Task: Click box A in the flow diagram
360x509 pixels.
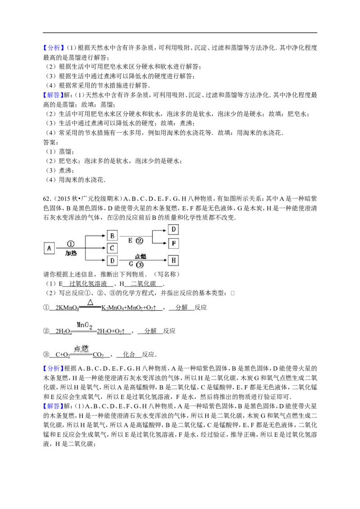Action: pos(49,248)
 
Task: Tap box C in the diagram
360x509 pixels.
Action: pos(112,248)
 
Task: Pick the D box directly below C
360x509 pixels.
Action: pos(112,261)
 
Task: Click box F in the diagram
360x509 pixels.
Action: pos(173,244)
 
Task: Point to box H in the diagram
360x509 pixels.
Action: pos(173,261)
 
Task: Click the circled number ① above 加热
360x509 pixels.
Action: pos(71,243)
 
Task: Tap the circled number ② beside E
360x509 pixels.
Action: pos(139,241)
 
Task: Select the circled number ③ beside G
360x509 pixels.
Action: pos(140,265)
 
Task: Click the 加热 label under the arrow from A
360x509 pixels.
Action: pos(71,253)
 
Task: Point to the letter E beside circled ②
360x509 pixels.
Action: pos(130,241)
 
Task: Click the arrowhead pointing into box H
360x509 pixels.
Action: pos(165,261)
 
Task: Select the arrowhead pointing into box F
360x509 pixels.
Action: pos(165,244)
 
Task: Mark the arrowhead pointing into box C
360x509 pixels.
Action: pos(104,248)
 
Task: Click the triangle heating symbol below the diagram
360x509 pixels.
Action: pos(90,302)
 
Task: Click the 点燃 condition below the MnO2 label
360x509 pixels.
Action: pos(81,348)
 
